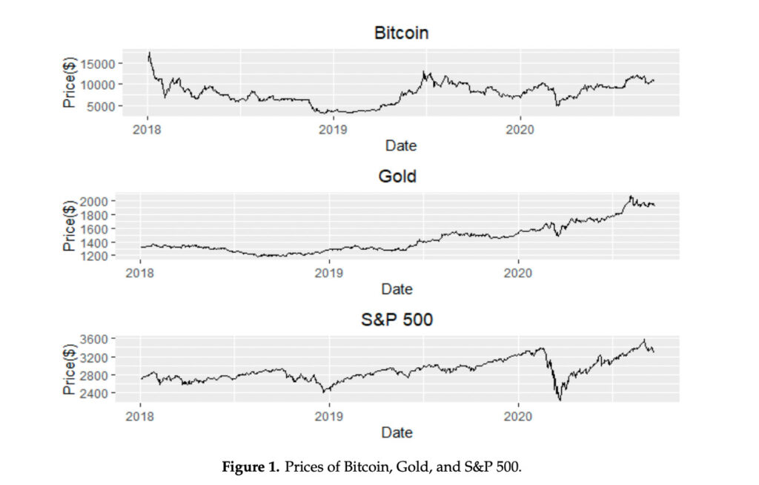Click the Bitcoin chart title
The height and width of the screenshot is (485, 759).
(x=401, y=33)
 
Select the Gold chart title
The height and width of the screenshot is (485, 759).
(x=397, y=176)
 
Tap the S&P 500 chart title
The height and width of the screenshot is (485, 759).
(x=397, y=320)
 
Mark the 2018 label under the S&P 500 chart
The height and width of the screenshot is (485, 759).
(x=140, y=415)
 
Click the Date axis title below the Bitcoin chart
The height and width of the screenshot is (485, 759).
(x=401, y=146)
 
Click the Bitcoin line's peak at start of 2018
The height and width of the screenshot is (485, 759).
(x=149, y=53)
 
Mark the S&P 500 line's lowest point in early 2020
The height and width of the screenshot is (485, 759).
(x=560, y=400)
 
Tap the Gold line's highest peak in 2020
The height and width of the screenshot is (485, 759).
(x=630, y=197)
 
